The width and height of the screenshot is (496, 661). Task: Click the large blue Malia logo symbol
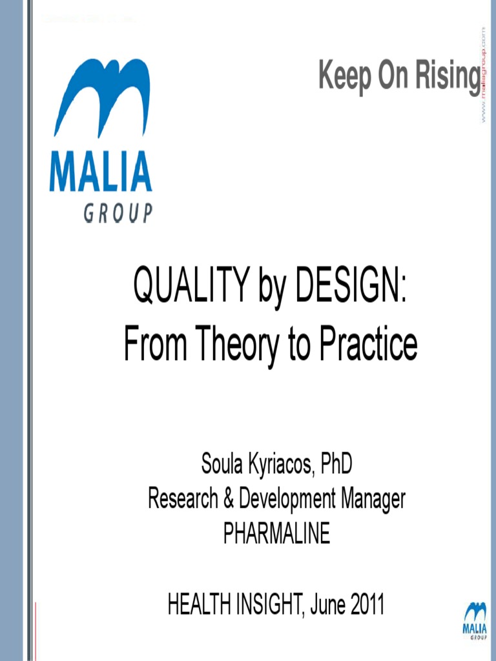(101, 97)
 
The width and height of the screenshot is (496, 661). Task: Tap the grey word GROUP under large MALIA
(118, 212)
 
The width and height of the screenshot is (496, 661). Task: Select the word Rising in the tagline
(448, 77)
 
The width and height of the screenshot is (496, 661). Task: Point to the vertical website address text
(482, 75)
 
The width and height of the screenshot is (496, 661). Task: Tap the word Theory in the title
(231, 345)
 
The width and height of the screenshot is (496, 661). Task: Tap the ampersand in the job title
(231, 498)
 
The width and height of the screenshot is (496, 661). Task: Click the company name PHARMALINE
(276, 533)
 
